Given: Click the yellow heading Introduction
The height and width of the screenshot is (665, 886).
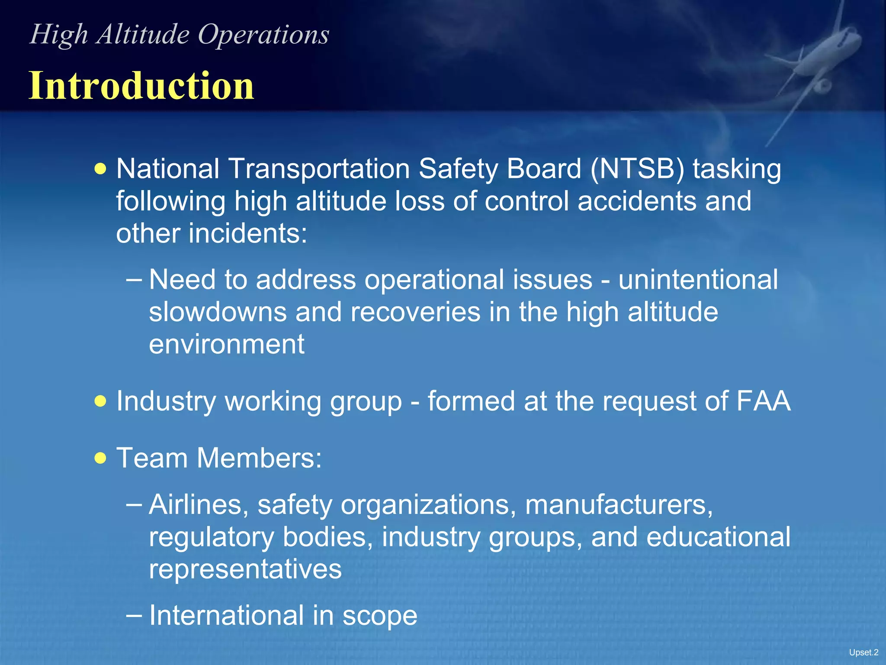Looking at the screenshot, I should (141, 86).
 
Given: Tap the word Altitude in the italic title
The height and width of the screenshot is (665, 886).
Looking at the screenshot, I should (143, 34).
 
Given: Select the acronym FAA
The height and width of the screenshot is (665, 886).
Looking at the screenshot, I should (763, 401).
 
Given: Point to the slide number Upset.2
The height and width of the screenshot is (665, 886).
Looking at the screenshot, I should (863, 652).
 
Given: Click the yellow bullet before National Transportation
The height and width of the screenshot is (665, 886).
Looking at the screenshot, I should (100, 169).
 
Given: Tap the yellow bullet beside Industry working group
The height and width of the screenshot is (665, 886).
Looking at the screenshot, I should (100, 401).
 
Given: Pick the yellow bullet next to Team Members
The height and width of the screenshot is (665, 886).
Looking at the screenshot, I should (100, 458).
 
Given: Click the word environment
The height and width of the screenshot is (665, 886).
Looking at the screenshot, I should (227, 345).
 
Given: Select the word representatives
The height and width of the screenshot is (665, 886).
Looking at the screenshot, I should (245, 569).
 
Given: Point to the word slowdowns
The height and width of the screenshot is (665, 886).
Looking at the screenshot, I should (218, 312).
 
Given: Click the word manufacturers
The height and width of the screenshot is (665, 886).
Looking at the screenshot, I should (619, 505).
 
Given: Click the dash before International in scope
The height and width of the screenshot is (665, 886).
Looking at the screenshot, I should (134, 615).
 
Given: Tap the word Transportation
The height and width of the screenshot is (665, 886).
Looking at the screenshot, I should (319, 169).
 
